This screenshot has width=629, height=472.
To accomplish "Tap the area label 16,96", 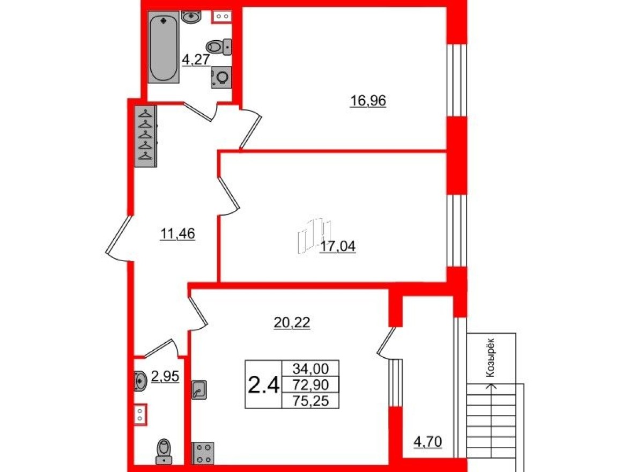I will [368, 100].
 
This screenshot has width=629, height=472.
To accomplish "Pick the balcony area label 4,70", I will [427, 443].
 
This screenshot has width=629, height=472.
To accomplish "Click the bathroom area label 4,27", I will [195, 60].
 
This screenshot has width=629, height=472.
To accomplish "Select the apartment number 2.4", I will [263, 385].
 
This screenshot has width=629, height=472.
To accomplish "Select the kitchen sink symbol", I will [199, 388].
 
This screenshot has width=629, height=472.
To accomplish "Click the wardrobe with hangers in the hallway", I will [145, 137].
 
